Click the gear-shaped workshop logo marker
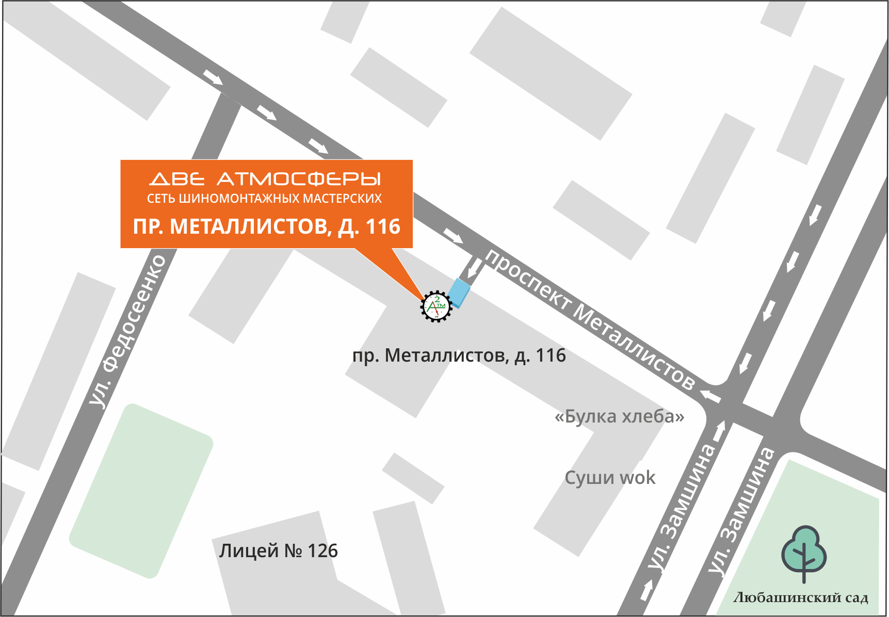[436, 306]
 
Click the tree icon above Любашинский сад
[803, 554]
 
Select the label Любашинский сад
[801, 598]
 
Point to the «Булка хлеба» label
[619, 416]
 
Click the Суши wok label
[610, 478]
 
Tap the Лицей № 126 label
[278, 551]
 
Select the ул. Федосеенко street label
[127, 330]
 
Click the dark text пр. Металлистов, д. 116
[459, 355]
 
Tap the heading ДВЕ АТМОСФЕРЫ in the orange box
[265, 179]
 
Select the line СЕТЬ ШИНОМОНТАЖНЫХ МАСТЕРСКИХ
[264, 199]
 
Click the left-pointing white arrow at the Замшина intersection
[710, 396]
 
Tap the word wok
[637, 478]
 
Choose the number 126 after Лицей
[322, 551]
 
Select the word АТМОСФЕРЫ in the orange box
[299, 179]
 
